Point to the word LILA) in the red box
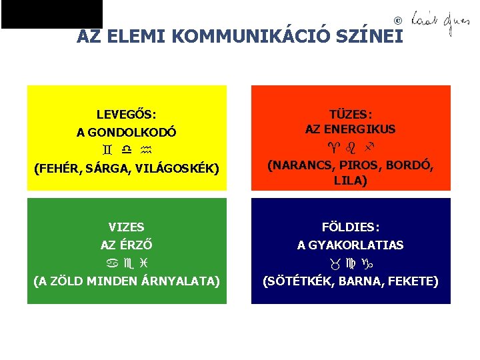(350, 180)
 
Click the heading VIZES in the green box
(126, 227)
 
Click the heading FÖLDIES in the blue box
(350, 227)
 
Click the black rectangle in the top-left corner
(52, 14)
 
